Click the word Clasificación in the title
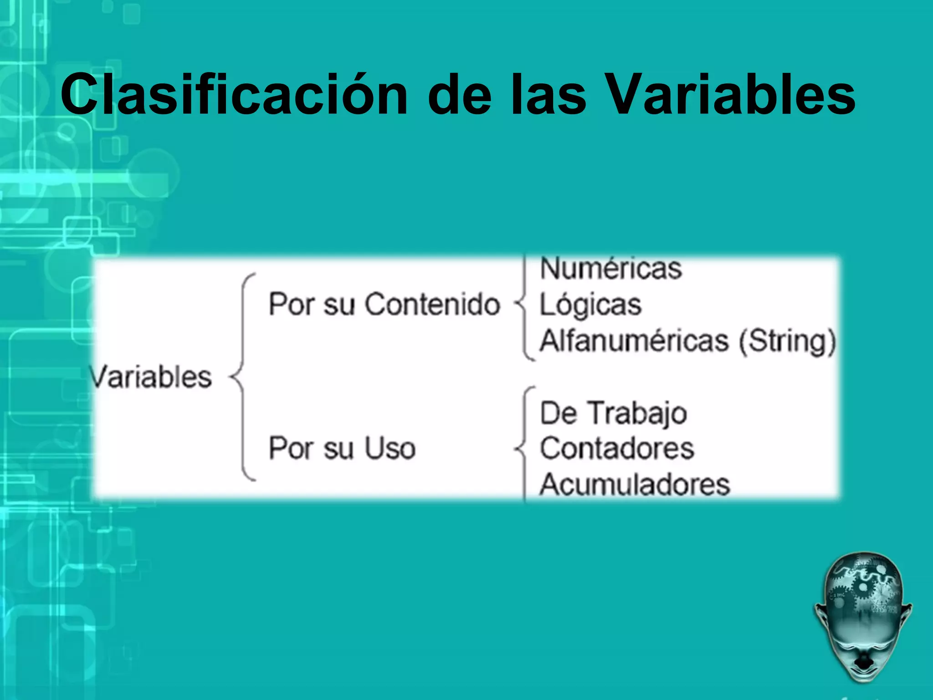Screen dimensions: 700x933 tap(234, 94)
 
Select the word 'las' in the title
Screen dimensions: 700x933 tap(549, 94)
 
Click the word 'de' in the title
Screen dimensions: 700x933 tap(460, 94)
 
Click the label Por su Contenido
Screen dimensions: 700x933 tap(384, 304)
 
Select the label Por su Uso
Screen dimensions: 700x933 tap(342, 448)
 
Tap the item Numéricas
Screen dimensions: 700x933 tap(611, 268)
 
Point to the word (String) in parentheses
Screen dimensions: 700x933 tap(788, 342)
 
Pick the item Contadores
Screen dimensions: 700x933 tap(617, 448)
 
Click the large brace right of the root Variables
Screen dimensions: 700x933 tap(241, 377)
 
